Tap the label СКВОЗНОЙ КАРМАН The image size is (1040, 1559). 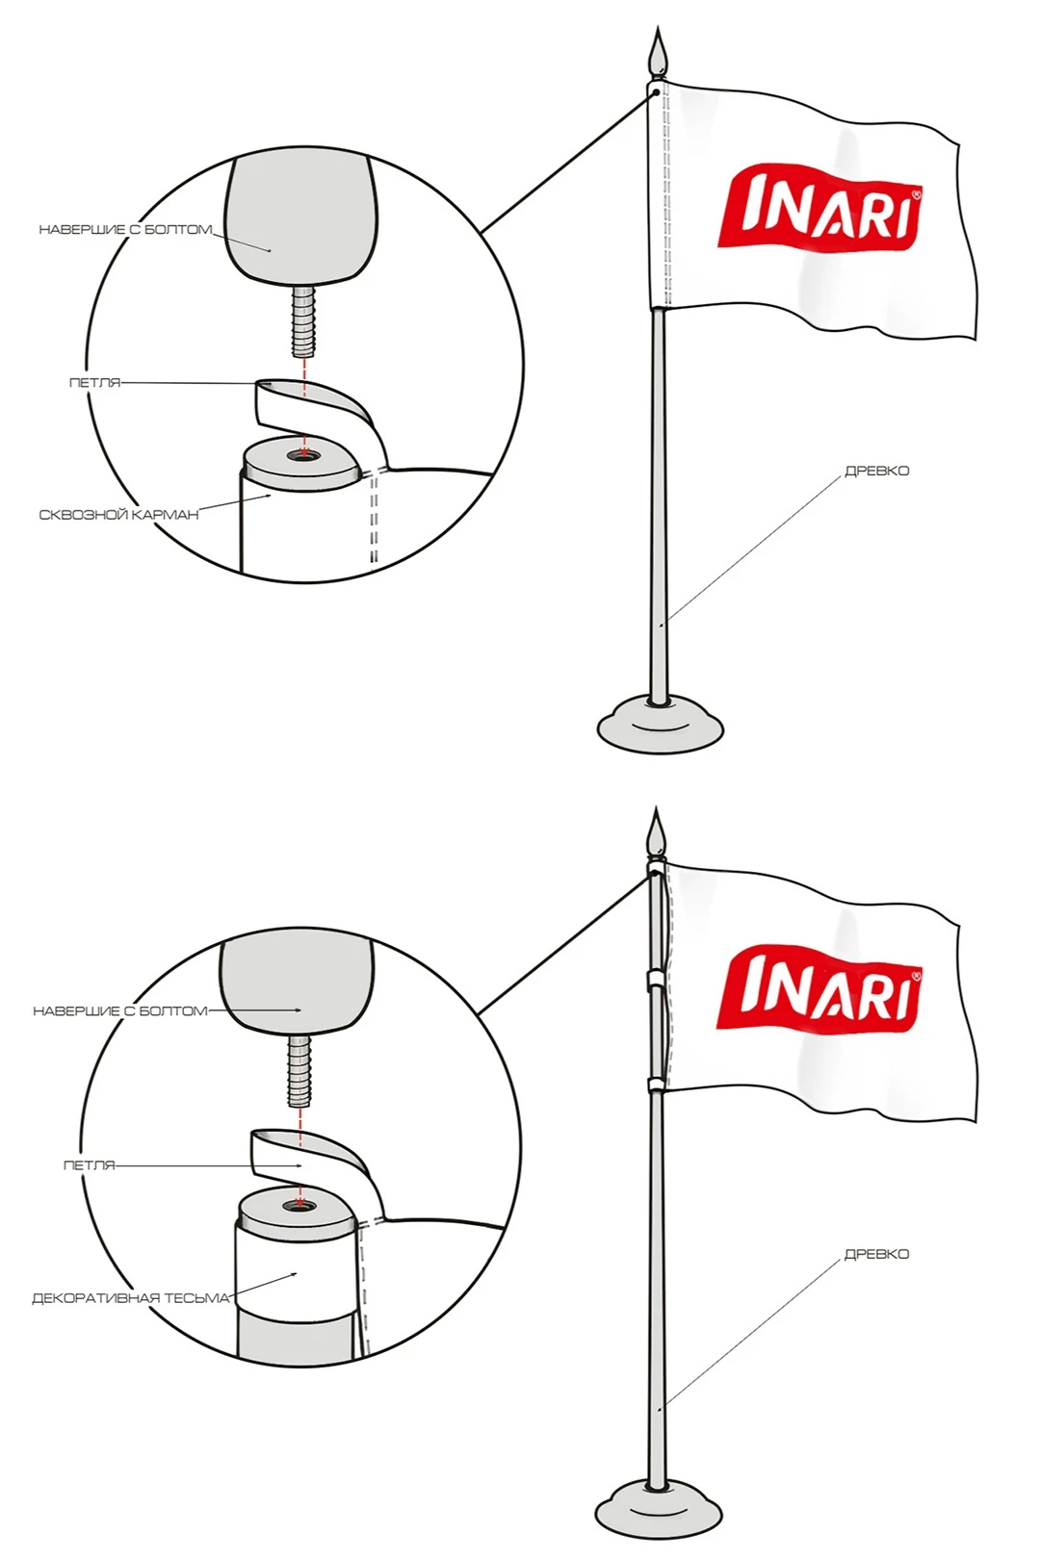(118, 515)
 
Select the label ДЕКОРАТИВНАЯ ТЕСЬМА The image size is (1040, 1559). (130, 1298)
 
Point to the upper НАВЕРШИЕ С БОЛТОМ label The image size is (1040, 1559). (125, 230)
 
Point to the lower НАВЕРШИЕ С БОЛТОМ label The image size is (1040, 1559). (120, 1010)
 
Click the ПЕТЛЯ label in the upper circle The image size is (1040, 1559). (94, 383)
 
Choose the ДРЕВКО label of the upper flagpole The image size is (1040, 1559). (877, 472)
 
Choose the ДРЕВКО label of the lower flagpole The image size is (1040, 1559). (877, 1254)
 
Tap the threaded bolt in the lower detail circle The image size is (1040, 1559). (299, 1070)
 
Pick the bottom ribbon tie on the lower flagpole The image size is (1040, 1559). (655, 1085)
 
